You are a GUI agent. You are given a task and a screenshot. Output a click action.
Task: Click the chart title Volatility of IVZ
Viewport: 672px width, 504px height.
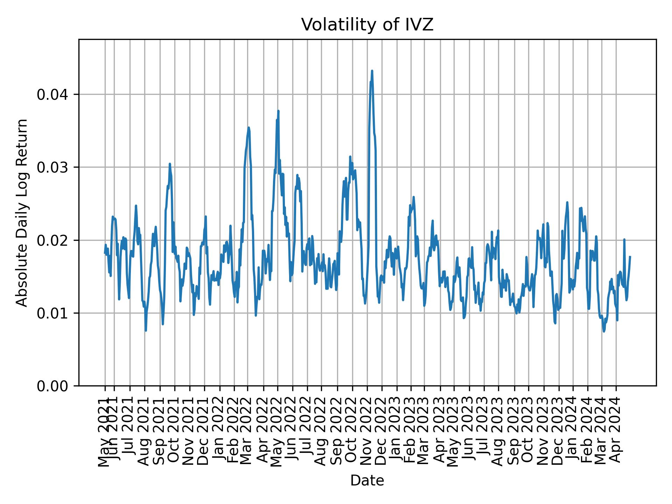(x=367, y=25)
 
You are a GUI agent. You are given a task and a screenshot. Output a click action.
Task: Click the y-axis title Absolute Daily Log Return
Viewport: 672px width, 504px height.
(x=22, y=213)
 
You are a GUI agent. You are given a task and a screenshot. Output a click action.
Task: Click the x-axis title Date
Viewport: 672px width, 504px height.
(x=367, y=481)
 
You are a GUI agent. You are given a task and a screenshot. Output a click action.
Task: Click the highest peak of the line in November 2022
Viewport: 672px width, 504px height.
(x=372, y=71)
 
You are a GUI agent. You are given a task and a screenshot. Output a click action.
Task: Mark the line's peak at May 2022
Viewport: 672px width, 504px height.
(x=278, y=111)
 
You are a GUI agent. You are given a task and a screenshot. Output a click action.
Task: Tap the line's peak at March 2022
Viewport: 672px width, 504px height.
(x=248, y=127)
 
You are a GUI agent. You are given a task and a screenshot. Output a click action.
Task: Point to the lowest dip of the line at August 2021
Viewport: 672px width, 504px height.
(x=146, y=330)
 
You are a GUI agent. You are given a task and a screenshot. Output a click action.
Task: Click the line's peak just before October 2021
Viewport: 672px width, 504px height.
(x=170, y=163)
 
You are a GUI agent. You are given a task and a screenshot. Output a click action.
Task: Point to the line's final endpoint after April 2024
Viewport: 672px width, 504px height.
(x=630, y=257)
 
